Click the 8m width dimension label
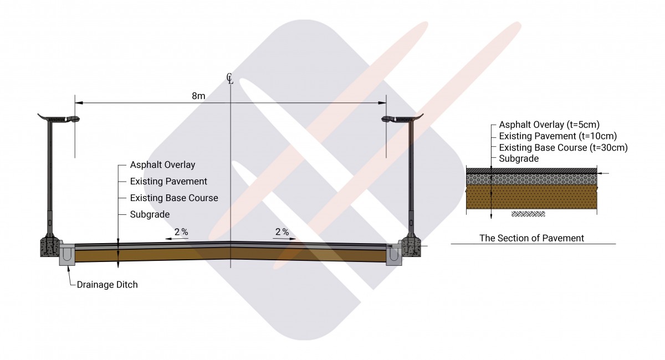198,96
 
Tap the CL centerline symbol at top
230,79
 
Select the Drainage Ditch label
107,285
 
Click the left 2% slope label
181,232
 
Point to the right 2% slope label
282,232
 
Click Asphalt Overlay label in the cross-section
162,164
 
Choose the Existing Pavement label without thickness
168,181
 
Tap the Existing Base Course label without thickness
174,198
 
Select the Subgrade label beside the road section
150,214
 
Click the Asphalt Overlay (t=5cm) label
549,125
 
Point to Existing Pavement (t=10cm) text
558,136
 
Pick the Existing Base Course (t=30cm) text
563,147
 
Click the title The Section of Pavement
531,238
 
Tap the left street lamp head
59,119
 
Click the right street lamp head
402,119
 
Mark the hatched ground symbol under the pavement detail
528,214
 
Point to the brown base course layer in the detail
531,197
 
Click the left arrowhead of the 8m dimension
79,103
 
